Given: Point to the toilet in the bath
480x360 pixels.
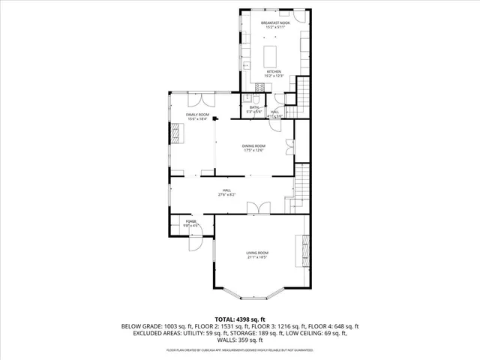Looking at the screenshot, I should [x=256, y=99].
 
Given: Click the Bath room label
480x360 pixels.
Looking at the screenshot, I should [x=254, y=108].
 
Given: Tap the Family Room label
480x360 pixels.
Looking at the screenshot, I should [x=197, y=114].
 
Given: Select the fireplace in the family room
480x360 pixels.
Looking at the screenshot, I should [x=175, y=133].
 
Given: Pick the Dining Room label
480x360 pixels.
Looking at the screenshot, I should [x=253, y=145].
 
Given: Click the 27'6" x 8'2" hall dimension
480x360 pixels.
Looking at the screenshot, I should [x=226, y=195].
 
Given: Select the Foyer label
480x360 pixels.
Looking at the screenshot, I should [x=191, y=221].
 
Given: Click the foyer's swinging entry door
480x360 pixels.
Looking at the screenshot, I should [x=194, y=242].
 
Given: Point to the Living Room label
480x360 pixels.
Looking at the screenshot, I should [x=257, y=253].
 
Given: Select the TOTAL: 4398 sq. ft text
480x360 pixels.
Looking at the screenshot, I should [x=240, y=319].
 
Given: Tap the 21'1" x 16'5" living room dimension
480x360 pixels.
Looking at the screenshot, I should [x=257, y=258].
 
